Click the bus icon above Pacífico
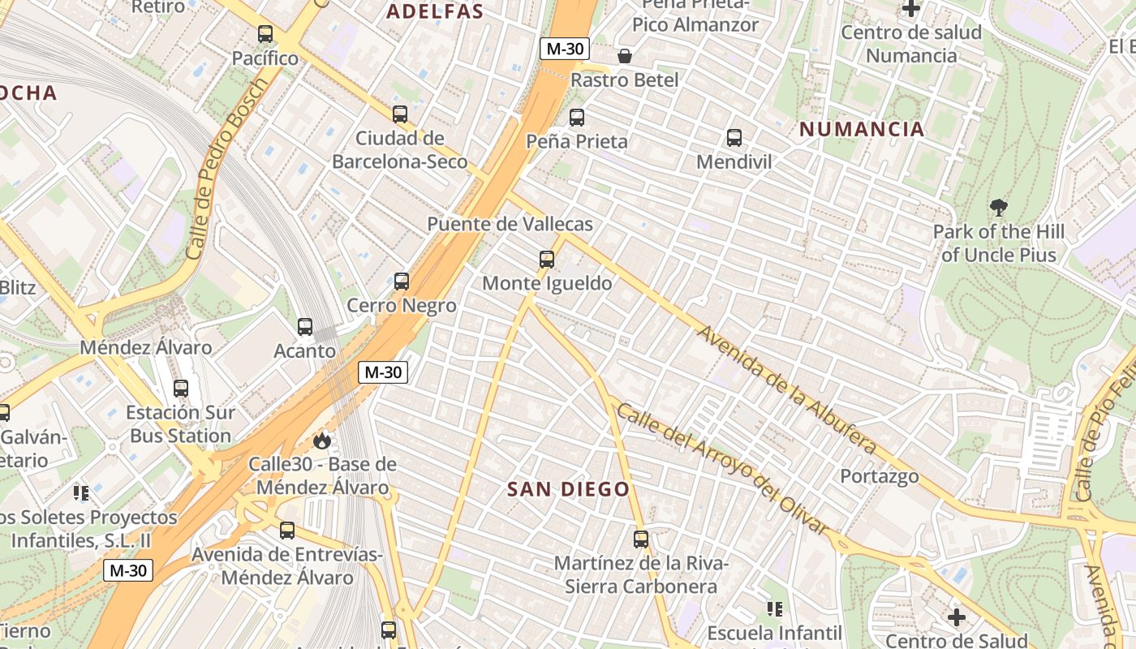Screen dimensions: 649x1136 pos(265,34)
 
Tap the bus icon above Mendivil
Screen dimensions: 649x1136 pos(734,138)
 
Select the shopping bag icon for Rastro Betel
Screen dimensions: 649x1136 pos(625,56)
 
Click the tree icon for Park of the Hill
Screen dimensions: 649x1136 pos(999,208)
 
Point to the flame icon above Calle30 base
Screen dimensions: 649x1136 pos(322,441)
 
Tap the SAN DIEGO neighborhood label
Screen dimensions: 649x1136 pos(568,489)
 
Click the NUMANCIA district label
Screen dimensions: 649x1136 pos(862,129)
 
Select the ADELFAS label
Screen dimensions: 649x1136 pos(435,11)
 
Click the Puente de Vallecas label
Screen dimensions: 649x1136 pos(510,224)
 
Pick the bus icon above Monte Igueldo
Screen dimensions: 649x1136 pos(547,260)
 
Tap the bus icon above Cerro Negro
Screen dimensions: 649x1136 pos(402,282)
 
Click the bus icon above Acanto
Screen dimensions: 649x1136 pos(305,327)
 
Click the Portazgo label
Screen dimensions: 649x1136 pos(880,476)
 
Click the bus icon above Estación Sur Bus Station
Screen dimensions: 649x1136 pos(181,389)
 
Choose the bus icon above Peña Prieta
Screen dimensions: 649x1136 pos(577,118)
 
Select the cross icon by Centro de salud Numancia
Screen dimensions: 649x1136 pos(911,9)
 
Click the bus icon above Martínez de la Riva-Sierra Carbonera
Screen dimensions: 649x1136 pos(641,539)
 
